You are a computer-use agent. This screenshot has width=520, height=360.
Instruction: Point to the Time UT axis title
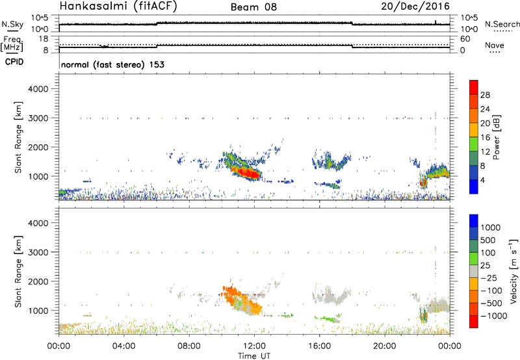(x=253, y=355)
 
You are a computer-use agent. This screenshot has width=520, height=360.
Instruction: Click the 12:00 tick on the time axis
(x=253, y=345)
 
